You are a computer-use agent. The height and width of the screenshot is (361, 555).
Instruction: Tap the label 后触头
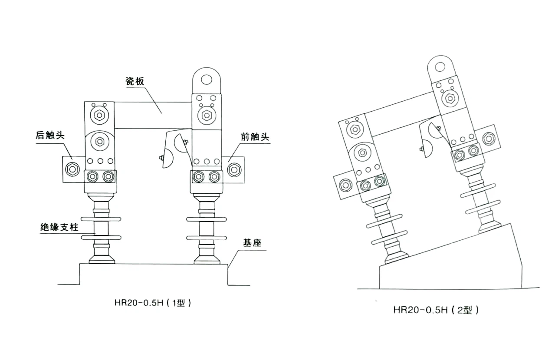coord(50,135)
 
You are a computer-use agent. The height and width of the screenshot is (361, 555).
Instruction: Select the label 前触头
coord(255,137)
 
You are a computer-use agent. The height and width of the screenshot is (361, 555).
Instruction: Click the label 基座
coord(252,243)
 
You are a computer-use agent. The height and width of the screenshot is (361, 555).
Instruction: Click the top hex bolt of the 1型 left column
coord(99,116)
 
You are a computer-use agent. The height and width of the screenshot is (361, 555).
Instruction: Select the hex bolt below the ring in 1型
coord(207,116)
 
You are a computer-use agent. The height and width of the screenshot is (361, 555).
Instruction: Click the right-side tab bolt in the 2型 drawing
coord(489,139)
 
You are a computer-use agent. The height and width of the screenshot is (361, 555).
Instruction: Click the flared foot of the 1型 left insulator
coord(102,259)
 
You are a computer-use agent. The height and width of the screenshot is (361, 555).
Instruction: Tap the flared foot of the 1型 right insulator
coord(207,259)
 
